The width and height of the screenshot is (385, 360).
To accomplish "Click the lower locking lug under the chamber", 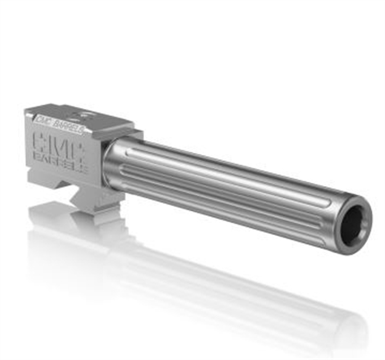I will point(93,196).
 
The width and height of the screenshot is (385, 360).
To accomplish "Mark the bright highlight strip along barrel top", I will point(234,166).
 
